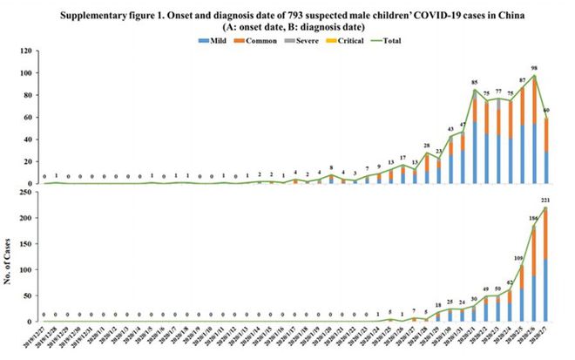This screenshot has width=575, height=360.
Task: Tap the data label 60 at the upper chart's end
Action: pyautogui.click(x=546, y=110)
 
